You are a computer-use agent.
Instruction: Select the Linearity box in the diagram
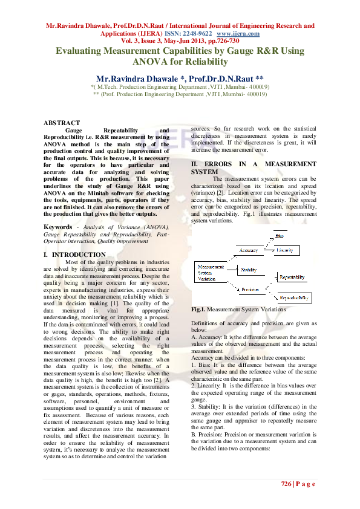point(287,250)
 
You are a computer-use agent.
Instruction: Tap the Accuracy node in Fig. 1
point(248,250)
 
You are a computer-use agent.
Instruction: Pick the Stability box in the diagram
point(249,270)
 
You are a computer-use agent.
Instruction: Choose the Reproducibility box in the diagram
point(295,298)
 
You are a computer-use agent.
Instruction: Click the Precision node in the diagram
point(250,290)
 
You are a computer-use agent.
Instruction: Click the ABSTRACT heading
point(62,123)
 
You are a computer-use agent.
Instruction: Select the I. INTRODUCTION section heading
point(74,254)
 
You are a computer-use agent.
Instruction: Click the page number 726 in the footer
point(287,484)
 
